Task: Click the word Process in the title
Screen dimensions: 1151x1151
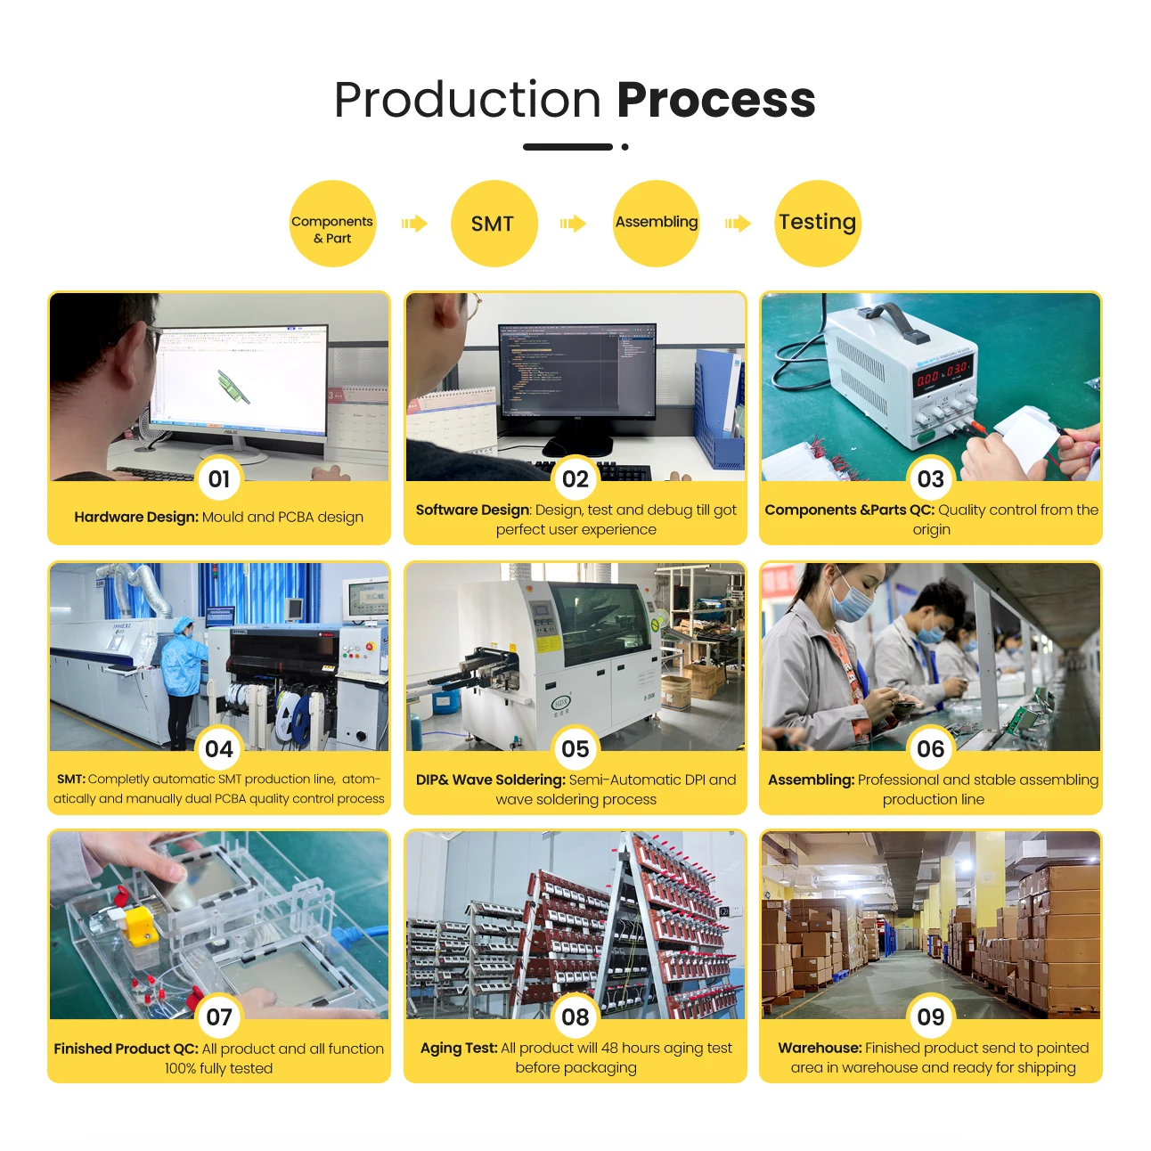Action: [715, 100]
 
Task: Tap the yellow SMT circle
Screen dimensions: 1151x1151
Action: [494, 224]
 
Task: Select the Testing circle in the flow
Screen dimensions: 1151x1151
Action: [817, 224]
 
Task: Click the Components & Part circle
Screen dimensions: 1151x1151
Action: [332, 224]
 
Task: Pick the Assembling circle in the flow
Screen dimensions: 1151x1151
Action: [657, 224]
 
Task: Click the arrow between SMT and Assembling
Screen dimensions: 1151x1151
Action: [573, 224]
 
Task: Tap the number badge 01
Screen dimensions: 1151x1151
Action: [219, 479]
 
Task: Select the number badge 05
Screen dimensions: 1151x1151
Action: [575, 749]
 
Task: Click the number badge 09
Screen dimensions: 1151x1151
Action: [931, 1017]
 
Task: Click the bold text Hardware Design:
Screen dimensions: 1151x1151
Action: [136, 517]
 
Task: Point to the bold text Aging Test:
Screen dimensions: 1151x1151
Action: [459, 1049]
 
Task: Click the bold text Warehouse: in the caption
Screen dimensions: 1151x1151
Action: [820, 1049]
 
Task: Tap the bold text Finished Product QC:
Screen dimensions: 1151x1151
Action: [126, 1049]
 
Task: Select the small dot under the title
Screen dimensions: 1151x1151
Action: [625, 147]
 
